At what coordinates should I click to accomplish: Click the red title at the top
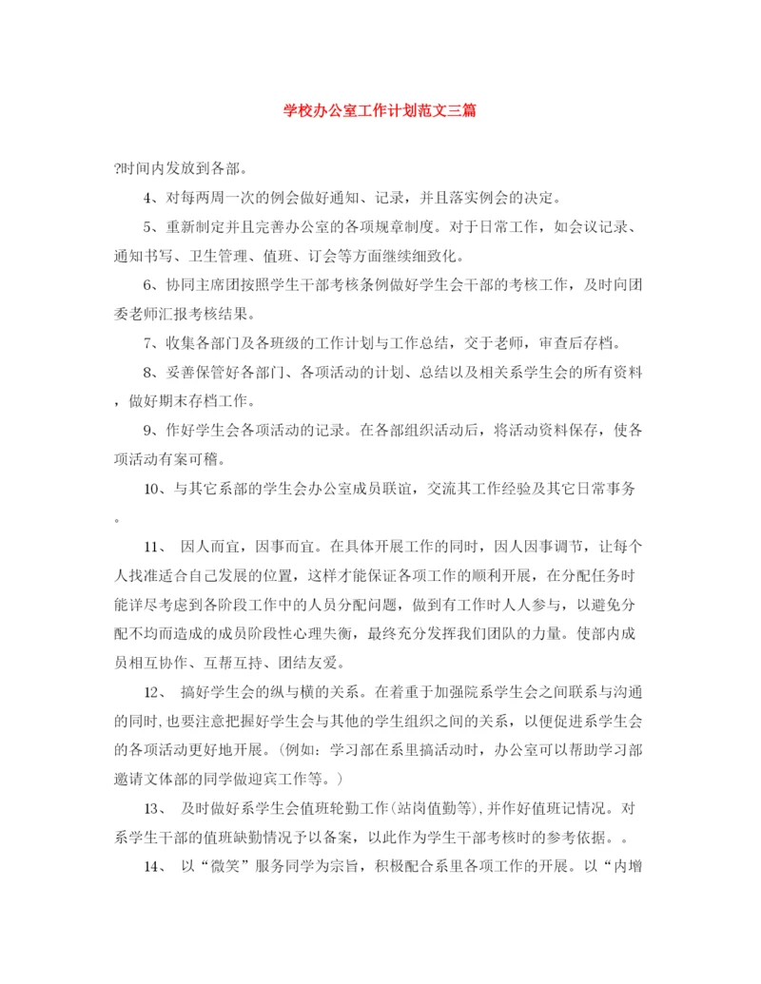[380, 110]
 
